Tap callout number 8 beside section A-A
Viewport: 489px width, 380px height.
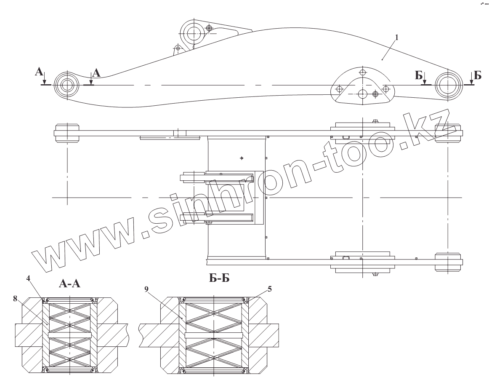[x=15, y=299]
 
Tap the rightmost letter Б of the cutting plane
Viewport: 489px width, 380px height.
[x=478, y=75]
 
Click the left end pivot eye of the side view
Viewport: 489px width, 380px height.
[x=66, y=85]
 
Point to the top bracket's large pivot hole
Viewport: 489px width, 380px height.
[x=194, y=32]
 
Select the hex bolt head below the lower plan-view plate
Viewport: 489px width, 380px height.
[x=375, y=274]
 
